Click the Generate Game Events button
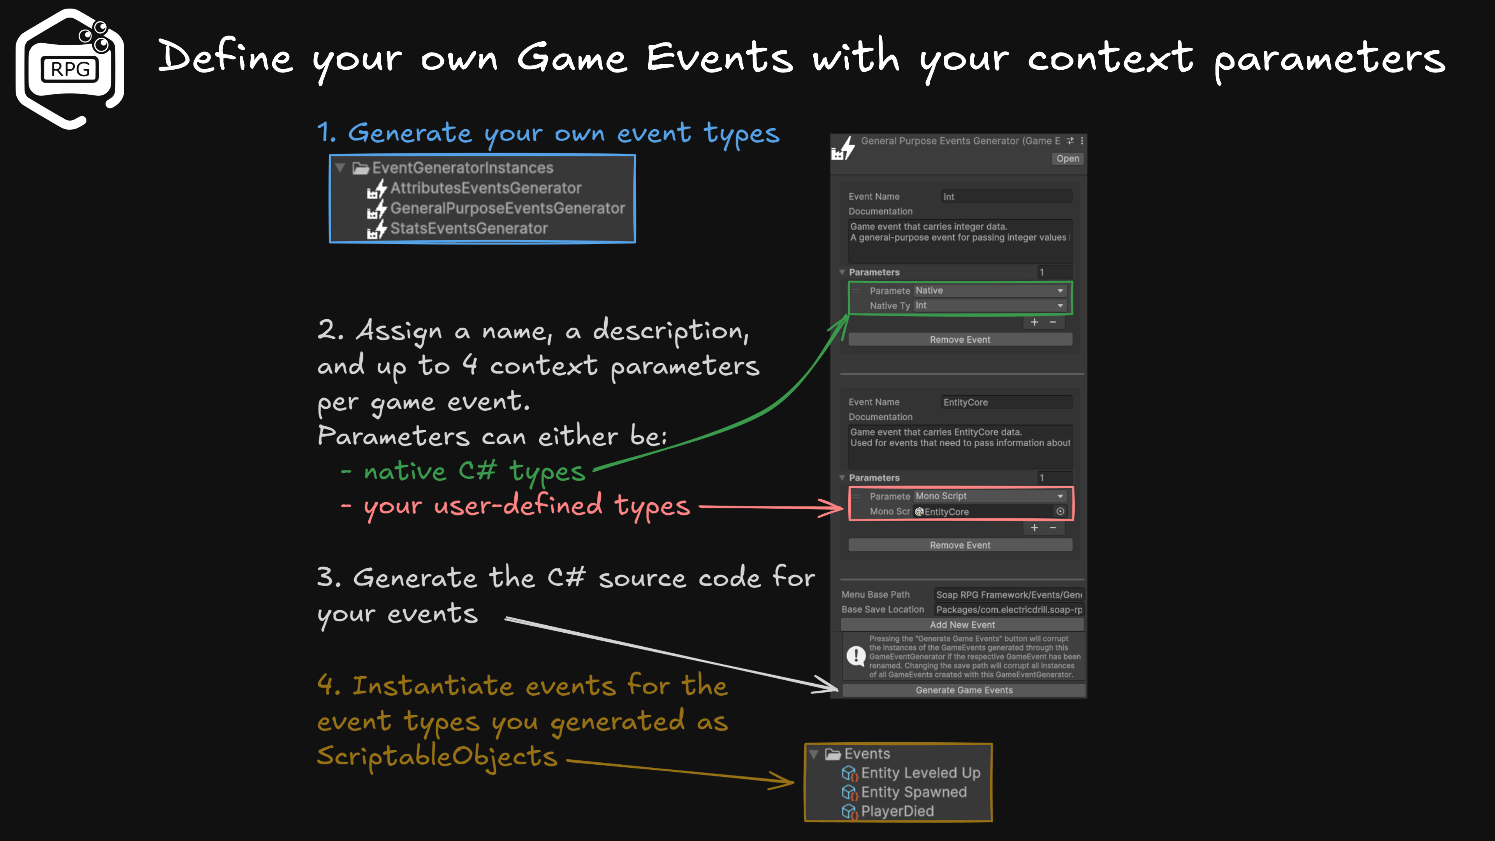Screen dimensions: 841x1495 (964, 690)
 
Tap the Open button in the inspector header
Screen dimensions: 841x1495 (1067, 158)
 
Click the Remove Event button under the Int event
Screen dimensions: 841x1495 (960, 340)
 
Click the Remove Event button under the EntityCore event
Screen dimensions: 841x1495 (960, 545)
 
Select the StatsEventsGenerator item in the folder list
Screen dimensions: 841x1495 (468, 229)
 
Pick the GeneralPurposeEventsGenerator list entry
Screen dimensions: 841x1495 (507, 208)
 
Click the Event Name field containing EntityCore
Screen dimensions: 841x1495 (1006, 402)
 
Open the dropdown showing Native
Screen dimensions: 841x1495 (990, 290)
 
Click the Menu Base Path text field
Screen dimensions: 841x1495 (1008, 594)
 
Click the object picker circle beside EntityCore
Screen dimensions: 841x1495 (1060, 511)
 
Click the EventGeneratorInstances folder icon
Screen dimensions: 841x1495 (361, 168)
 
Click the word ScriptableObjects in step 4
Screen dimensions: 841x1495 (436, 756)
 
